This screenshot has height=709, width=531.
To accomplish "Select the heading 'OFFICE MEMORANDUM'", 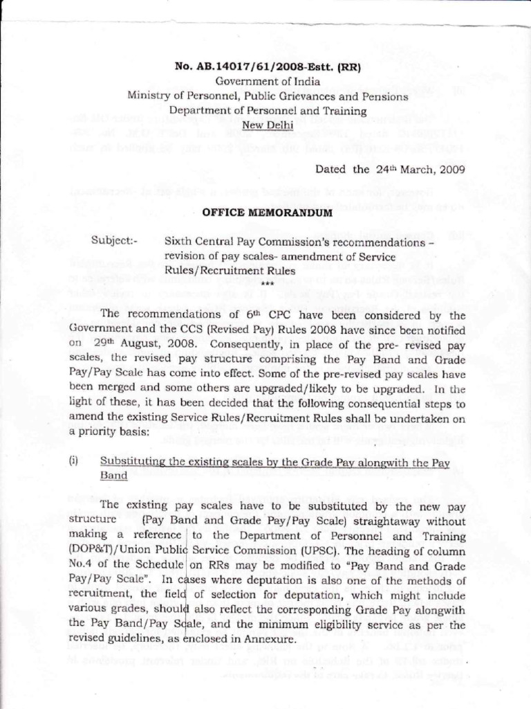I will click(267, 213).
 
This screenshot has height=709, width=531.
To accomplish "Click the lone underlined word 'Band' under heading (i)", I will click(113, 476).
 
